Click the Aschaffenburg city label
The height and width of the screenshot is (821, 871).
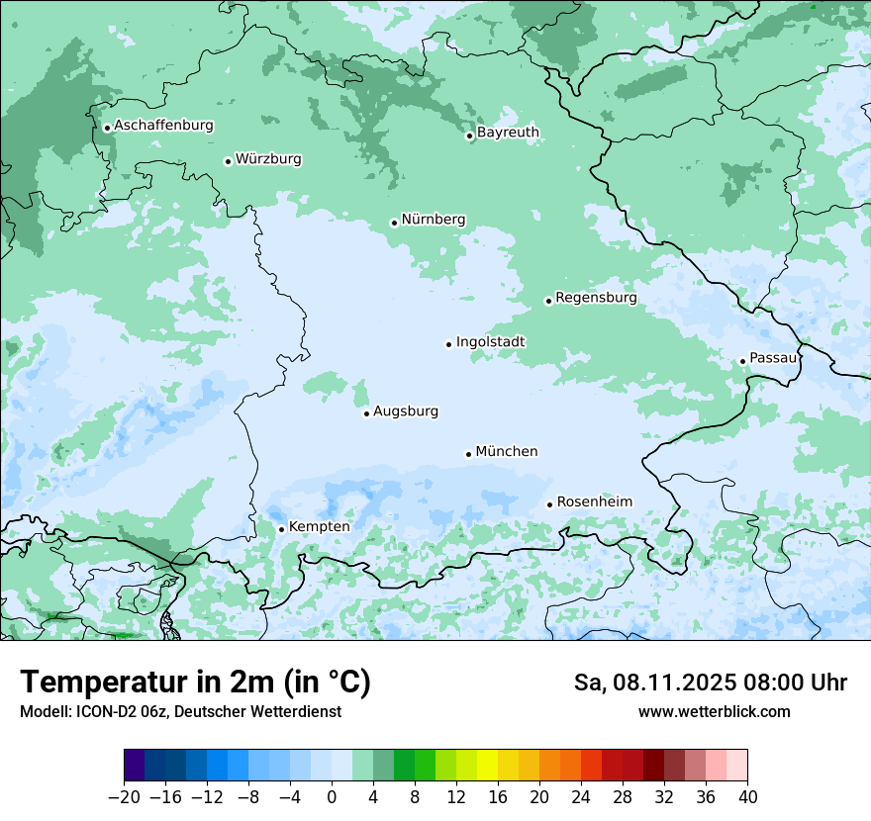[x=163, y=126]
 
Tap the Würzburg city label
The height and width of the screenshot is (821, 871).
[x=268, y=159]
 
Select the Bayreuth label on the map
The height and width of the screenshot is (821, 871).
[x=508, y=133]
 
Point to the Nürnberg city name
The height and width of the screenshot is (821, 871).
[x=433, y=220]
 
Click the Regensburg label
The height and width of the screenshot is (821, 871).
[x=596, y=298]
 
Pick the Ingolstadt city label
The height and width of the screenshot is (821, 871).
[x=490, y=342]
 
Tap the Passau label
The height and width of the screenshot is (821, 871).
[x=772, y=359]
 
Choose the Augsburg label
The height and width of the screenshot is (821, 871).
[x=405, y=411]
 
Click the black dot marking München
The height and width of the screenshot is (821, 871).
[x=469, y=454]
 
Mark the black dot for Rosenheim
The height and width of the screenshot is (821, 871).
[x=550, y=504]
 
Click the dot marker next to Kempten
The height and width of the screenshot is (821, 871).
[x=282, y=529]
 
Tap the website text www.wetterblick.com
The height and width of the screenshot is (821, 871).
[x=714, y=712]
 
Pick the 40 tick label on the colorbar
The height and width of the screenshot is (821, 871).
[x=747, y=797]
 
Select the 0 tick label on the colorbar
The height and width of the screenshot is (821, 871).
[x=332, y=797]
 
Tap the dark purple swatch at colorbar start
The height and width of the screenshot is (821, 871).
[x=135, y=765]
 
